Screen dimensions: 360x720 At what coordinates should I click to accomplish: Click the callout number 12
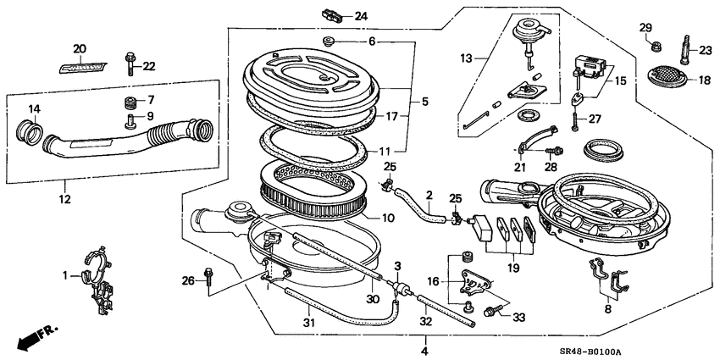click(64, 200)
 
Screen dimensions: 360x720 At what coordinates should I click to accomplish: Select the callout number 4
click(424, 348)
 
